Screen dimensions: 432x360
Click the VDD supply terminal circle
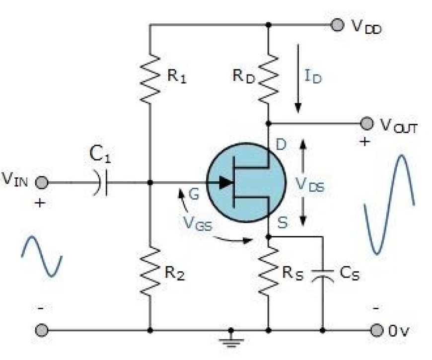337,25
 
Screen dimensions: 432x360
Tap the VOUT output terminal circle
367,124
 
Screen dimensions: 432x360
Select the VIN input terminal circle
42,182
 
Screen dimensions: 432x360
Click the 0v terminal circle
376,330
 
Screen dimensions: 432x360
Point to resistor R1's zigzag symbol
150,79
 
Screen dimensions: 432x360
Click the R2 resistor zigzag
150,272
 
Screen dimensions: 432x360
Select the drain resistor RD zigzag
268,79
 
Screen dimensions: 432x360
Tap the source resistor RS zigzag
268,272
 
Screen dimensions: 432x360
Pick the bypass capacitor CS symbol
323,276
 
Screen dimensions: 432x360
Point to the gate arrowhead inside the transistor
226,182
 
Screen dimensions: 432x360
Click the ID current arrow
298,78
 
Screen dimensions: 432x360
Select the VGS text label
198,223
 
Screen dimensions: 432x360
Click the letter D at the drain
281,144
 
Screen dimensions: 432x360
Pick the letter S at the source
283,222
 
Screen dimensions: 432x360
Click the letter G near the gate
194,194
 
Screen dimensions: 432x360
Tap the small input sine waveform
42,256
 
